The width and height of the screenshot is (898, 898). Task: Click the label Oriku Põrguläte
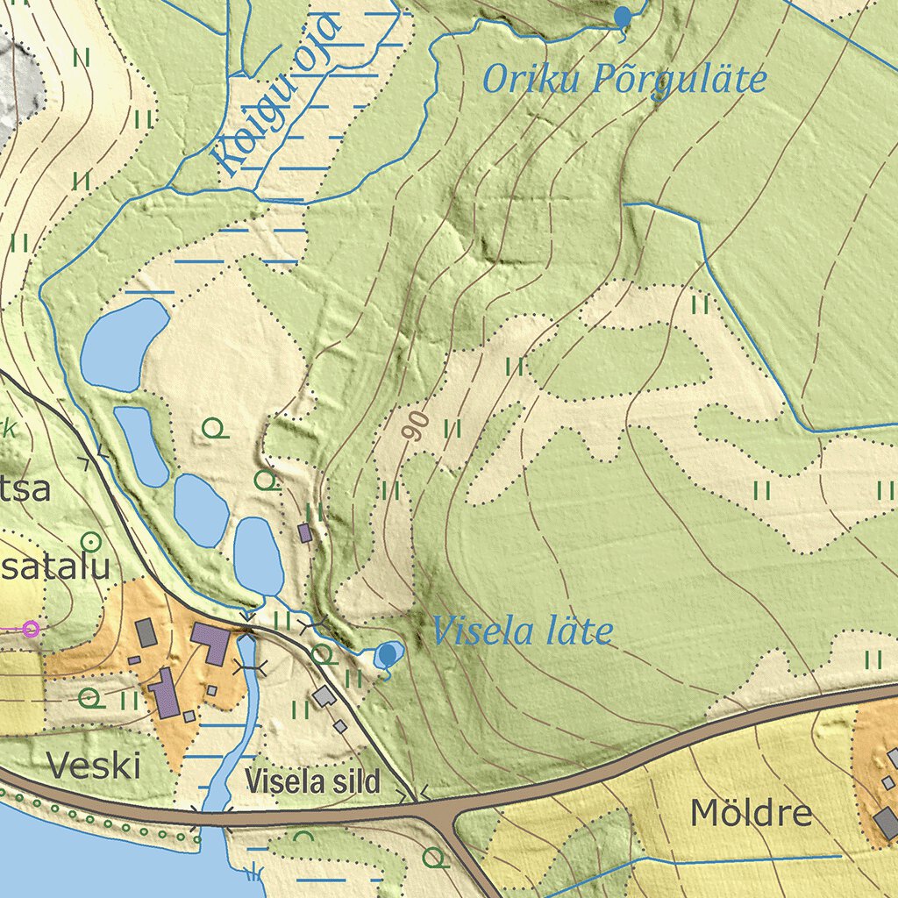(x=624, y=80)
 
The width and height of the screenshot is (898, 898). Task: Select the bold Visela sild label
(x=313, y=781)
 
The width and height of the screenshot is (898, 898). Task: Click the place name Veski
(x=94, y=766)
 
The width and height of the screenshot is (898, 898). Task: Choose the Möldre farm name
(x=751, y=813)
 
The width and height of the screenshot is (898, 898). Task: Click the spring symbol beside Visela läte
(x=387, y=654)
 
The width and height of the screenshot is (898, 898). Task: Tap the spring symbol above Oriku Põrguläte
(x=623, y=17)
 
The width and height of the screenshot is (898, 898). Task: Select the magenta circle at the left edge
(x=32, y=628)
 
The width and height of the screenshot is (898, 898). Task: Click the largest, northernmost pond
(x=124, y=344)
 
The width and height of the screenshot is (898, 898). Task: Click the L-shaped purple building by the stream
(x=210, y=643)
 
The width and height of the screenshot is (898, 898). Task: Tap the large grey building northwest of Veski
(x=145, y=632)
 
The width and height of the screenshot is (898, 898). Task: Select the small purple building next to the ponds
(x=305, y=532)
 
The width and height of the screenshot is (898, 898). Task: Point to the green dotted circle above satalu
(x=90, y=541)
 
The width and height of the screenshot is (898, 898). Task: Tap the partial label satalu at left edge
(x=54, y=567)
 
